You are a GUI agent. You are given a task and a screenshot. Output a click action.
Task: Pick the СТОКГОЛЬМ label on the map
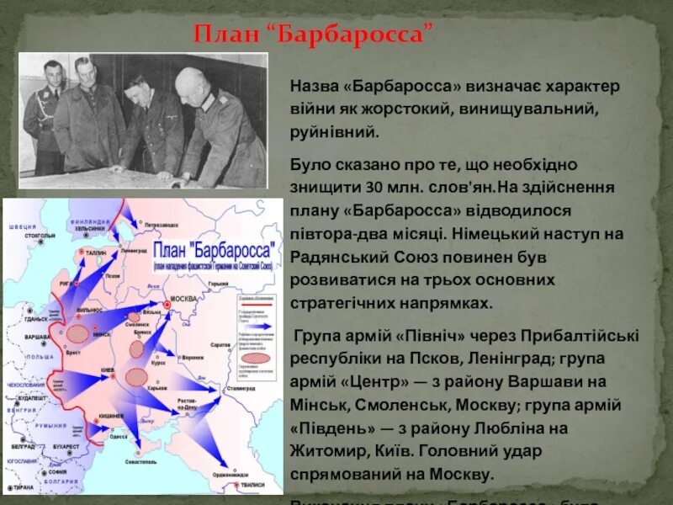(x=40, y=237)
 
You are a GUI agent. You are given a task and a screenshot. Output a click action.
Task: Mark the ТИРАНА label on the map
(x=23, y=487)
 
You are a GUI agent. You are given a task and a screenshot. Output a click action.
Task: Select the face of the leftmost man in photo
(x=50, y=75)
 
